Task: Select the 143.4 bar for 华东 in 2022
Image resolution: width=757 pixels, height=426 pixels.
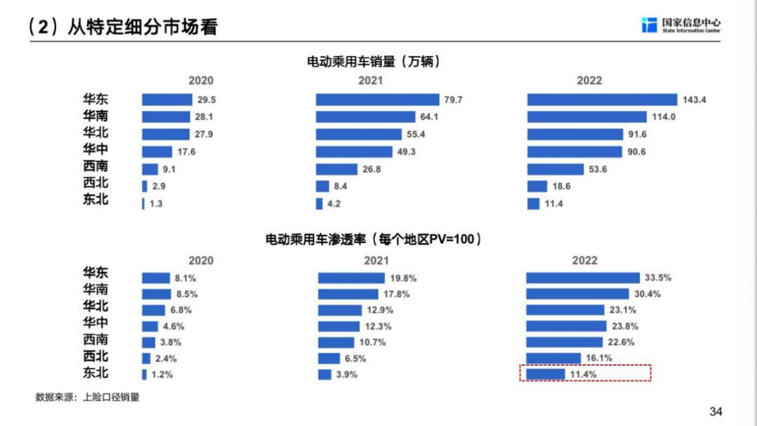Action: tap(602, 99)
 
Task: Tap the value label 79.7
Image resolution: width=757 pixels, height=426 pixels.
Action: tap(453, 100)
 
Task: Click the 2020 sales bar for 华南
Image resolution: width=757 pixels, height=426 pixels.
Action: tap(165, 117)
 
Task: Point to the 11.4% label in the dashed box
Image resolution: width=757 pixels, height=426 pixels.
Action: tap(582, 374)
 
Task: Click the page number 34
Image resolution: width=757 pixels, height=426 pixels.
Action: tap(716, 411)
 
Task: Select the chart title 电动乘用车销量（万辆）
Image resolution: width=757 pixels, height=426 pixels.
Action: tap(374, 62)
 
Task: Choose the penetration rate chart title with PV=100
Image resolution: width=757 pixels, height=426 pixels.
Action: tap(374, 240)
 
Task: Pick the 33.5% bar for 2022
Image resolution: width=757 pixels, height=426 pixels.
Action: tap(583, 277)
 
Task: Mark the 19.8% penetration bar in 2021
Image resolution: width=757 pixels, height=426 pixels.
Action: tap(351, 277)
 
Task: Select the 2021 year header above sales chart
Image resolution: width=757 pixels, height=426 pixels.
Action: tap(371, 81)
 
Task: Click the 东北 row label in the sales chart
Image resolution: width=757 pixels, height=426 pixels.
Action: tap(95, 200)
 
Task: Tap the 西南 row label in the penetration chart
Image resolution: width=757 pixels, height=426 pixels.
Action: tap(95, 340)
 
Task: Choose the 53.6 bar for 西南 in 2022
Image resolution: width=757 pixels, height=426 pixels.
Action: tap(555, 169)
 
